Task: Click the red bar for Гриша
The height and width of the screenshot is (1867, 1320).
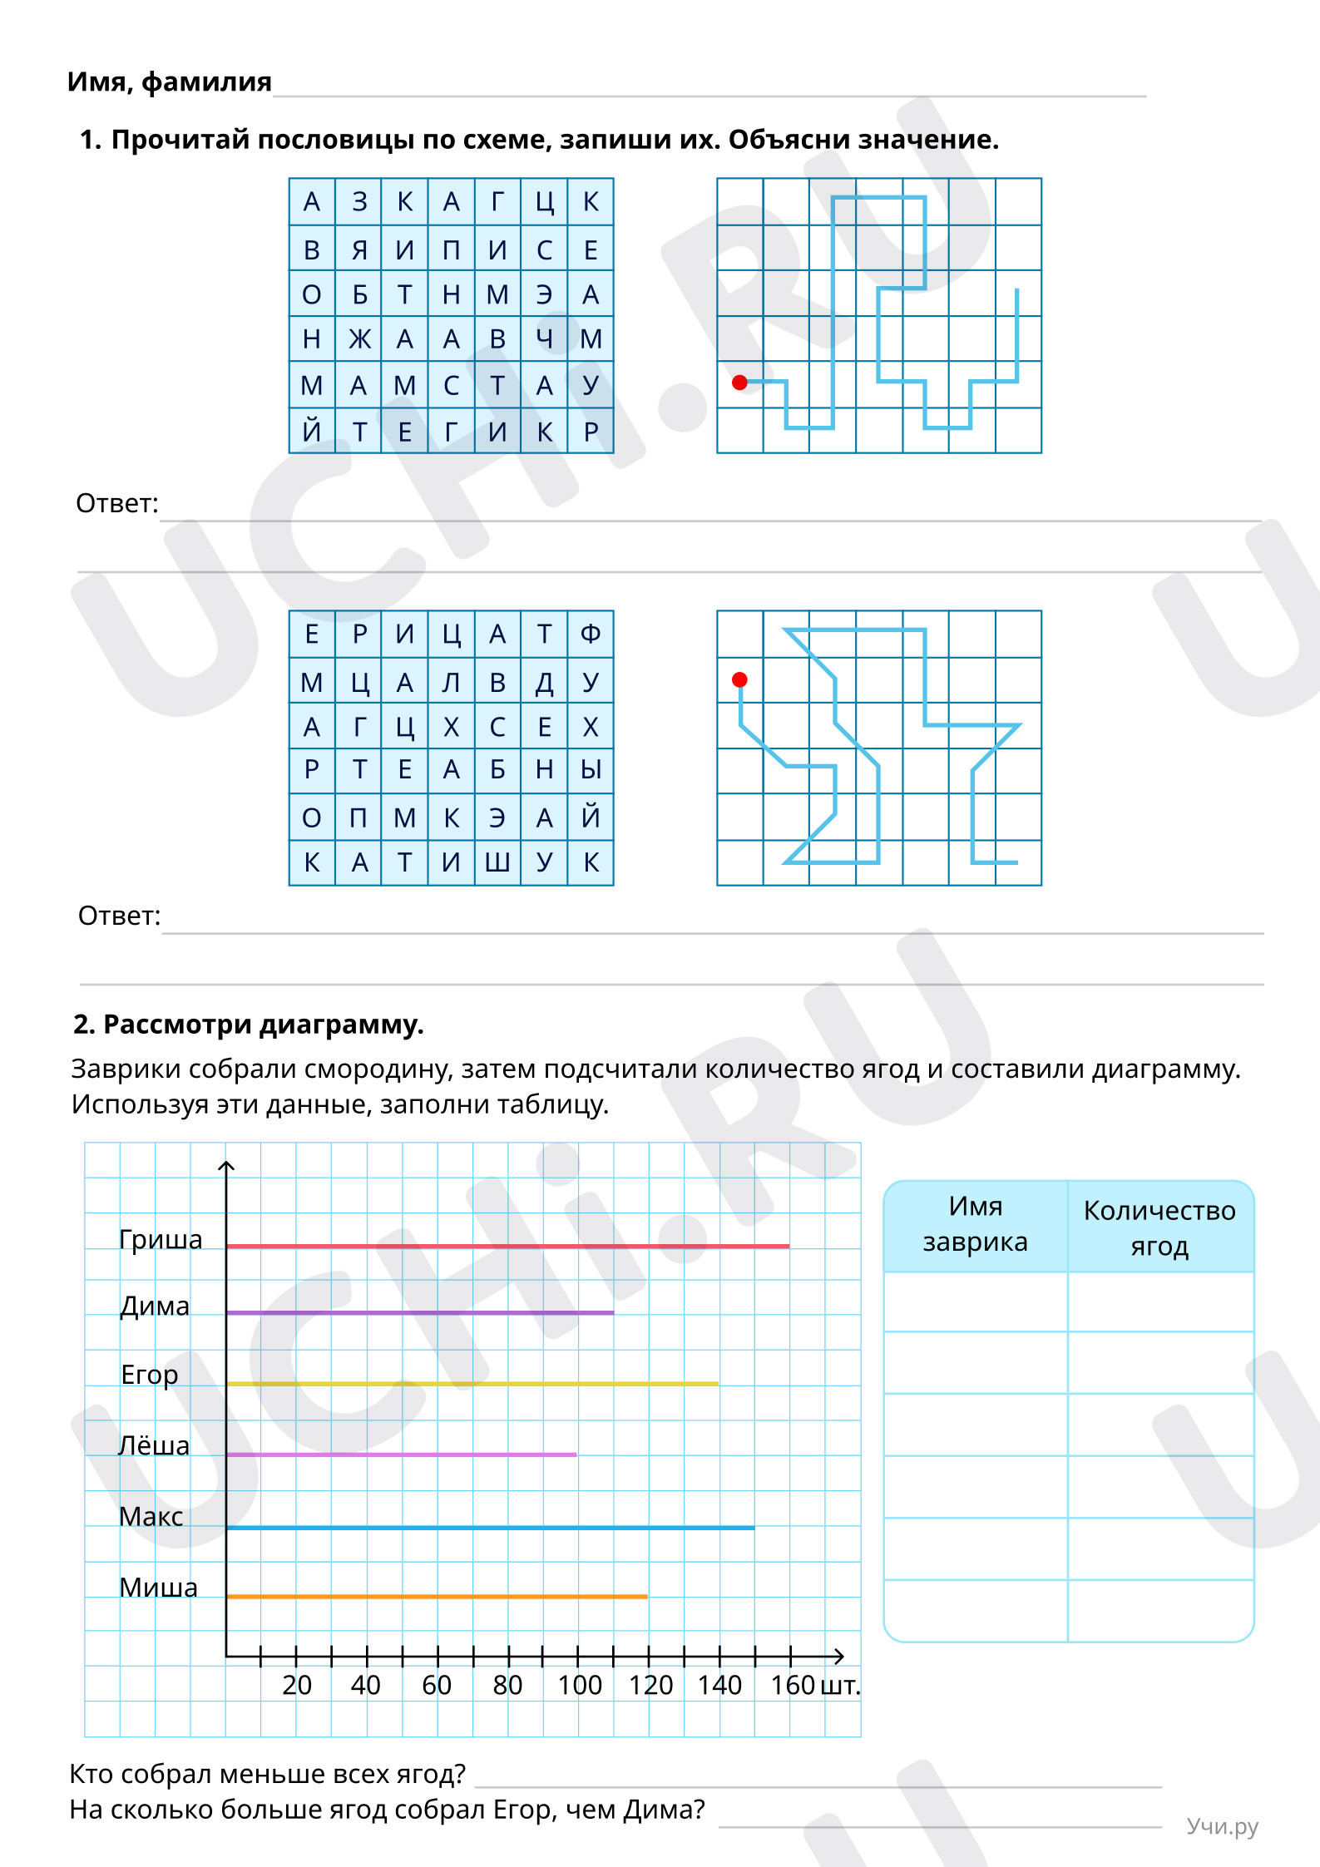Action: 507,1246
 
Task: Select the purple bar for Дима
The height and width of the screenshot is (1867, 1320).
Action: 420,1312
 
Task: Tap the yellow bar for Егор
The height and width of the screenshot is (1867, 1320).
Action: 472,1384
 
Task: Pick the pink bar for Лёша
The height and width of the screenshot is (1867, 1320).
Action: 401,1455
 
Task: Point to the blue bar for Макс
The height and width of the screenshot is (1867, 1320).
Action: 491,1528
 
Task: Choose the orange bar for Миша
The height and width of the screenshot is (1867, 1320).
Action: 437,1597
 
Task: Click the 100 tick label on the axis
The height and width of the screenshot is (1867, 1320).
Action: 579,1685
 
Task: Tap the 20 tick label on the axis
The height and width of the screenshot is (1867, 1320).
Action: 297,1685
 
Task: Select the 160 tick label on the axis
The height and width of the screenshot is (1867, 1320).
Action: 792,1685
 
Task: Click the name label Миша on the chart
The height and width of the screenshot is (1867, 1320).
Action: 158,1587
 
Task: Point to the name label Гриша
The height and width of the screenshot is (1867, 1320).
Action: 161,1239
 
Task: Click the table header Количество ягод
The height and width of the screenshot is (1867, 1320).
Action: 1159,1227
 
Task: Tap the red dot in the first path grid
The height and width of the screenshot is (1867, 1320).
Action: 739,383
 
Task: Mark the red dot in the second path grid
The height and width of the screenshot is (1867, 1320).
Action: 739,680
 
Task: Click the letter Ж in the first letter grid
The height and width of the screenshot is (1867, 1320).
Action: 359,339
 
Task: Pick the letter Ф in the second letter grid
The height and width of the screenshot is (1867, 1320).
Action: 591,635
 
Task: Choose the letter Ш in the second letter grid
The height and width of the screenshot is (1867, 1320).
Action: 497,862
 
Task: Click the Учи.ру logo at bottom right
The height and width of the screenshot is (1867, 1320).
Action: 1222,1826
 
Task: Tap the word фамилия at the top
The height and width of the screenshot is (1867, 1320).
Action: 206,81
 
